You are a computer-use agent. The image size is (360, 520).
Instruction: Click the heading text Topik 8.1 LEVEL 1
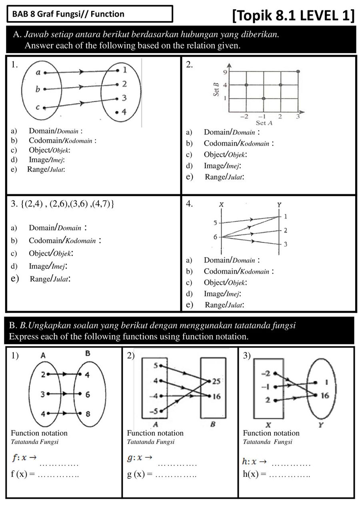(293, 16)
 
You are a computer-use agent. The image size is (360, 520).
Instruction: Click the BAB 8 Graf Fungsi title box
(90, 14)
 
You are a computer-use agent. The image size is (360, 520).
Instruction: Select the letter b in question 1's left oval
(38, 89)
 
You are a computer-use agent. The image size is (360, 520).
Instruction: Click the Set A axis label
(264, 123)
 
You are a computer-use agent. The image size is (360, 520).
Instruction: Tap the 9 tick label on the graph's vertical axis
(225, 72)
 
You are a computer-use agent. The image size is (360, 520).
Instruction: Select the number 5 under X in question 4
(216, 223)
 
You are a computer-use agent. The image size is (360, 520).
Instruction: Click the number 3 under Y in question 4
(285, 244)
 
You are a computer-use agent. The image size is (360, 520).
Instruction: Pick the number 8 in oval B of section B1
(88, 414)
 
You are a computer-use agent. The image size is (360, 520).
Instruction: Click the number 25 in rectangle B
(216, 381)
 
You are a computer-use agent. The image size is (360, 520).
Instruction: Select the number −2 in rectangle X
(266, 374)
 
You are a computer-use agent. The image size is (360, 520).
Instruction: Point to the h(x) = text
(254, 474)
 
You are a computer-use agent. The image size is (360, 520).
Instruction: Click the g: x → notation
(140, 458)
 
